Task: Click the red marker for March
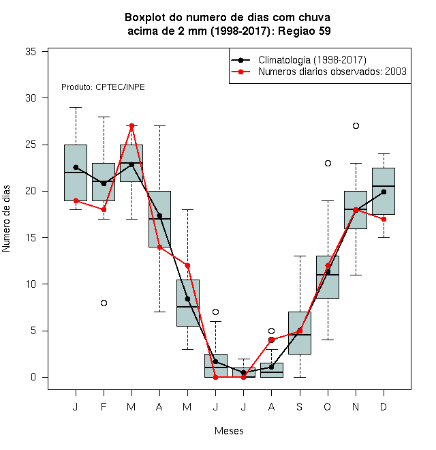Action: pos(131,125)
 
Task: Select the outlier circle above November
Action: pos(356,125)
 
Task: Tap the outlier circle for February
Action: pos(104,303)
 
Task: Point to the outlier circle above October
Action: pos(328,164)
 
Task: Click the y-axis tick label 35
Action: pos(31,52)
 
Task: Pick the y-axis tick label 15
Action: pos(31,238)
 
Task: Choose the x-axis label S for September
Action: pos(300,406)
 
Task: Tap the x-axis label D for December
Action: pos(384,406)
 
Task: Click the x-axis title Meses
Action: pos(229,431)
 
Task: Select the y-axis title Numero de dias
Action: pos(6,219)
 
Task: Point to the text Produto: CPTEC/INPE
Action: pos(103,87)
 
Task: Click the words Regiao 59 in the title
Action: pos(305,31)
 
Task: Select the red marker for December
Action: pos(384,220)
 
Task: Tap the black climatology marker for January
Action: pos(76,167)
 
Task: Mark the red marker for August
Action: pos(271,340)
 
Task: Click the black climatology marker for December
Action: pos(384,192)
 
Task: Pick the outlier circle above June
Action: pos(216,312)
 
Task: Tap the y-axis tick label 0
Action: pos(33,377)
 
